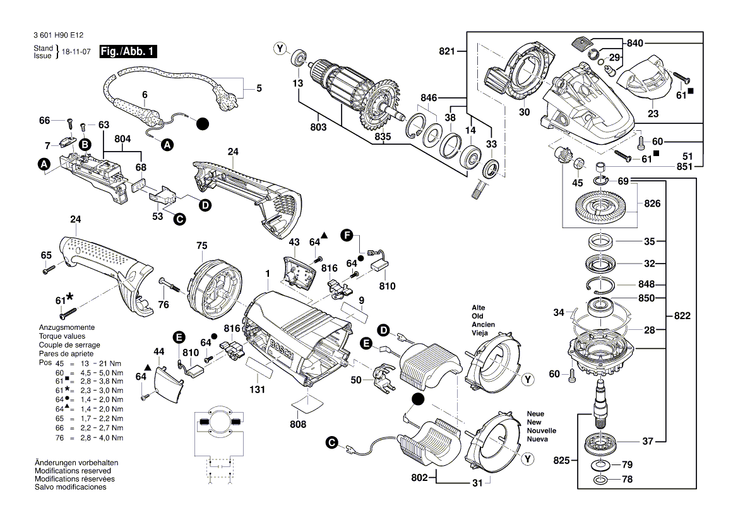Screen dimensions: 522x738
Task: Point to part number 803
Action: coord(319,128)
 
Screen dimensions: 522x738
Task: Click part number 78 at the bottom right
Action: coord(627,480)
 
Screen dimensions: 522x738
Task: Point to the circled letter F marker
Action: coord(346,235)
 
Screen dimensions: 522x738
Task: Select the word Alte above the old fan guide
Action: coord(479,307)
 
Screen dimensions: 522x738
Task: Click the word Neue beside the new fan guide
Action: coord(535,414)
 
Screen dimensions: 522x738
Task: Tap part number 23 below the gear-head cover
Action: coord(653,114)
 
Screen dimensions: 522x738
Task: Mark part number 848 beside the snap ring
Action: coord(646,284)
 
